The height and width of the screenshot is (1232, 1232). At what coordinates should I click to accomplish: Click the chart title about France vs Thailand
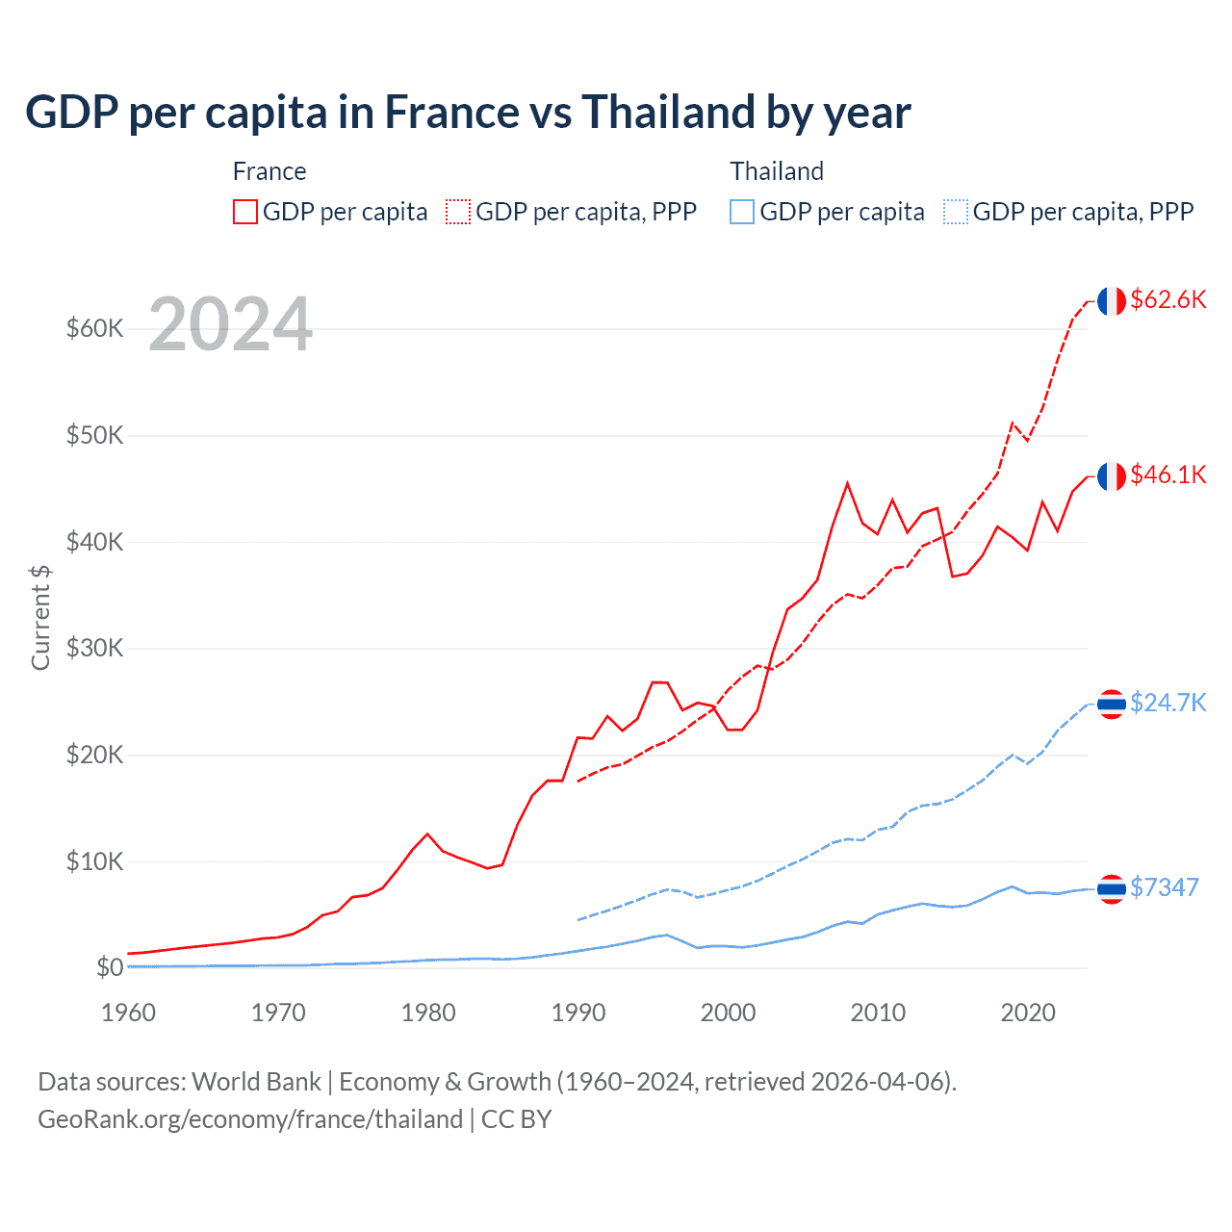point(468,113)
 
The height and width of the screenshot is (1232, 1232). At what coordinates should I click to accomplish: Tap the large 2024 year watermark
point(230,325)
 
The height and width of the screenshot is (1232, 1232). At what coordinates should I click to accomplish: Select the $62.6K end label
point(1168,299)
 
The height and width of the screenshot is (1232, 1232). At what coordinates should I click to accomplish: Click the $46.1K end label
point(1168,475)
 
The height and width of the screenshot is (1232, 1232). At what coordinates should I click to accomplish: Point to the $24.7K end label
point(1168,703)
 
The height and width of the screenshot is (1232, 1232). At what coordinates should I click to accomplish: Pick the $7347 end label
point(1164,887)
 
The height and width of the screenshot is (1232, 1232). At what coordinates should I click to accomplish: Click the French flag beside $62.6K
point(1111,301)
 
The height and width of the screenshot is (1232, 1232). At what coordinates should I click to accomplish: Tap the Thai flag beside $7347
point(1111,888)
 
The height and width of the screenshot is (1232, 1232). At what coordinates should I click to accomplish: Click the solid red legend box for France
point(245,212)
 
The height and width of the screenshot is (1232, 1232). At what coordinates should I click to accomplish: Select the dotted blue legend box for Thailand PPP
point(956,212)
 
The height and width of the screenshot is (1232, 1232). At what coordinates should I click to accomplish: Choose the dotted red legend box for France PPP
point(458,212)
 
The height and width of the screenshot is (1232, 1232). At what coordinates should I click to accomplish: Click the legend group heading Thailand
point(777,171)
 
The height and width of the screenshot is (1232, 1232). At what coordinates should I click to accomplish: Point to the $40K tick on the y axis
point(94,542)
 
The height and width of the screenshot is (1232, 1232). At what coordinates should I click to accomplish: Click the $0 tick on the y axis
point(110,967)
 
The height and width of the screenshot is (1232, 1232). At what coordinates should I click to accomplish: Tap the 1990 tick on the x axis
point(577,1013)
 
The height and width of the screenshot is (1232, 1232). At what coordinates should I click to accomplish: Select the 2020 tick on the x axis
point(1028,1013)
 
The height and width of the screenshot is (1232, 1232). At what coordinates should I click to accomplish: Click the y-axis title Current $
point(40,617)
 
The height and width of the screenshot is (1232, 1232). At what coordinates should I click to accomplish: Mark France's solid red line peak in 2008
point(847,483)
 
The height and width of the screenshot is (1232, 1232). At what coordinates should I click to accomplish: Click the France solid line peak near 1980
point(427,834)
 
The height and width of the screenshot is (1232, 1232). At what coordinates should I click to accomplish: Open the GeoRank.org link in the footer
point(250,1119)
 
